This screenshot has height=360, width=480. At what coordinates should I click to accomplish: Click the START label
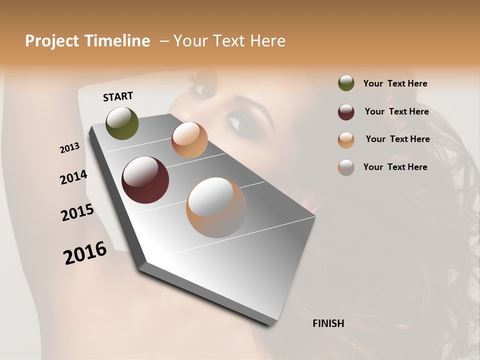click(x=118, y=96)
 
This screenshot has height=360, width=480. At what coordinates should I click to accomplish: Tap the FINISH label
click(x=328, y=323)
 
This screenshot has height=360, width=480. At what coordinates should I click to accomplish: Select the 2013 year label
click(x=69, y=148)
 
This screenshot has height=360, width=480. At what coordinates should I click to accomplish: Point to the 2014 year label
click(x=73, y=177)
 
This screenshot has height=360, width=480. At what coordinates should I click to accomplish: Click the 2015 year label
click(x=77, y=212)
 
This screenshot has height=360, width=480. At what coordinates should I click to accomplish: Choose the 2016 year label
click(x=85, y=252)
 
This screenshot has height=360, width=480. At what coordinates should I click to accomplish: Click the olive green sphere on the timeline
click(x=122, y=123)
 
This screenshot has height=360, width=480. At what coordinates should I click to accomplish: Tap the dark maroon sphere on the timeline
click(x=145, y=180)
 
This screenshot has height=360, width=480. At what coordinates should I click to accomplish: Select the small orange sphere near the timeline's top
click(x=189, y=140)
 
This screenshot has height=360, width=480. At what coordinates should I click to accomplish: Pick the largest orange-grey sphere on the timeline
click(x=216, y=207)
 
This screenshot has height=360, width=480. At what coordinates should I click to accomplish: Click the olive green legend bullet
click(x=346, y=83)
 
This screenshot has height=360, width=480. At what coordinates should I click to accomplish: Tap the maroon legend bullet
click(x=346, y=112)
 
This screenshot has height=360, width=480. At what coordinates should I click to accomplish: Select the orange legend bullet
click(x=346, y=140)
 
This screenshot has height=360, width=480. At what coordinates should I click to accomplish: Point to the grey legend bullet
click(x=346, y=167)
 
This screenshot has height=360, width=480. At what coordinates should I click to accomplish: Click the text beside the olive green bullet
click(x=395, y=83)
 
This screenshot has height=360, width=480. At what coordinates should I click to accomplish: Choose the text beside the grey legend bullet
click(x=395, y=167)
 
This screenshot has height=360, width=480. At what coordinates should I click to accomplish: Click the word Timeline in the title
click(x=118, y=41)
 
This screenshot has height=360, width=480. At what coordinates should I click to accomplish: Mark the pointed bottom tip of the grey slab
click(x=271, y=324)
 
